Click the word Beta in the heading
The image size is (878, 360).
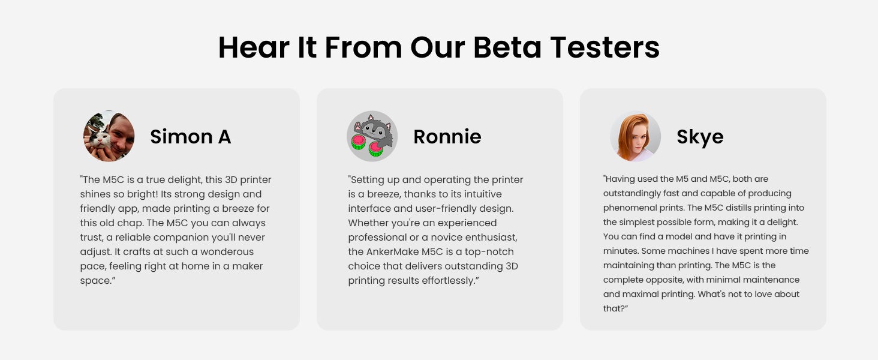(507, 47)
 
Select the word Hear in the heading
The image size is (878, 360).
(254, 47)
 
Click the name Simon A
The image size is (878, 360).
(191, 136)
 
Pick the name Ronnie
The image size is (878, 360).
(447, 136)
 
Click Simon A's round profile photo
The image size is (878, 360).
(109, 136)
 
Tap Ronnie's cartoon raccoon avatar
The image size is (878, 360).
(372, 136)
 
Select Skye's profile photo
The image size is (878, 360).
(635, 136)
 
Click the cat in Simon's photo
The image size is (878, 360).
(98, 140)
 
